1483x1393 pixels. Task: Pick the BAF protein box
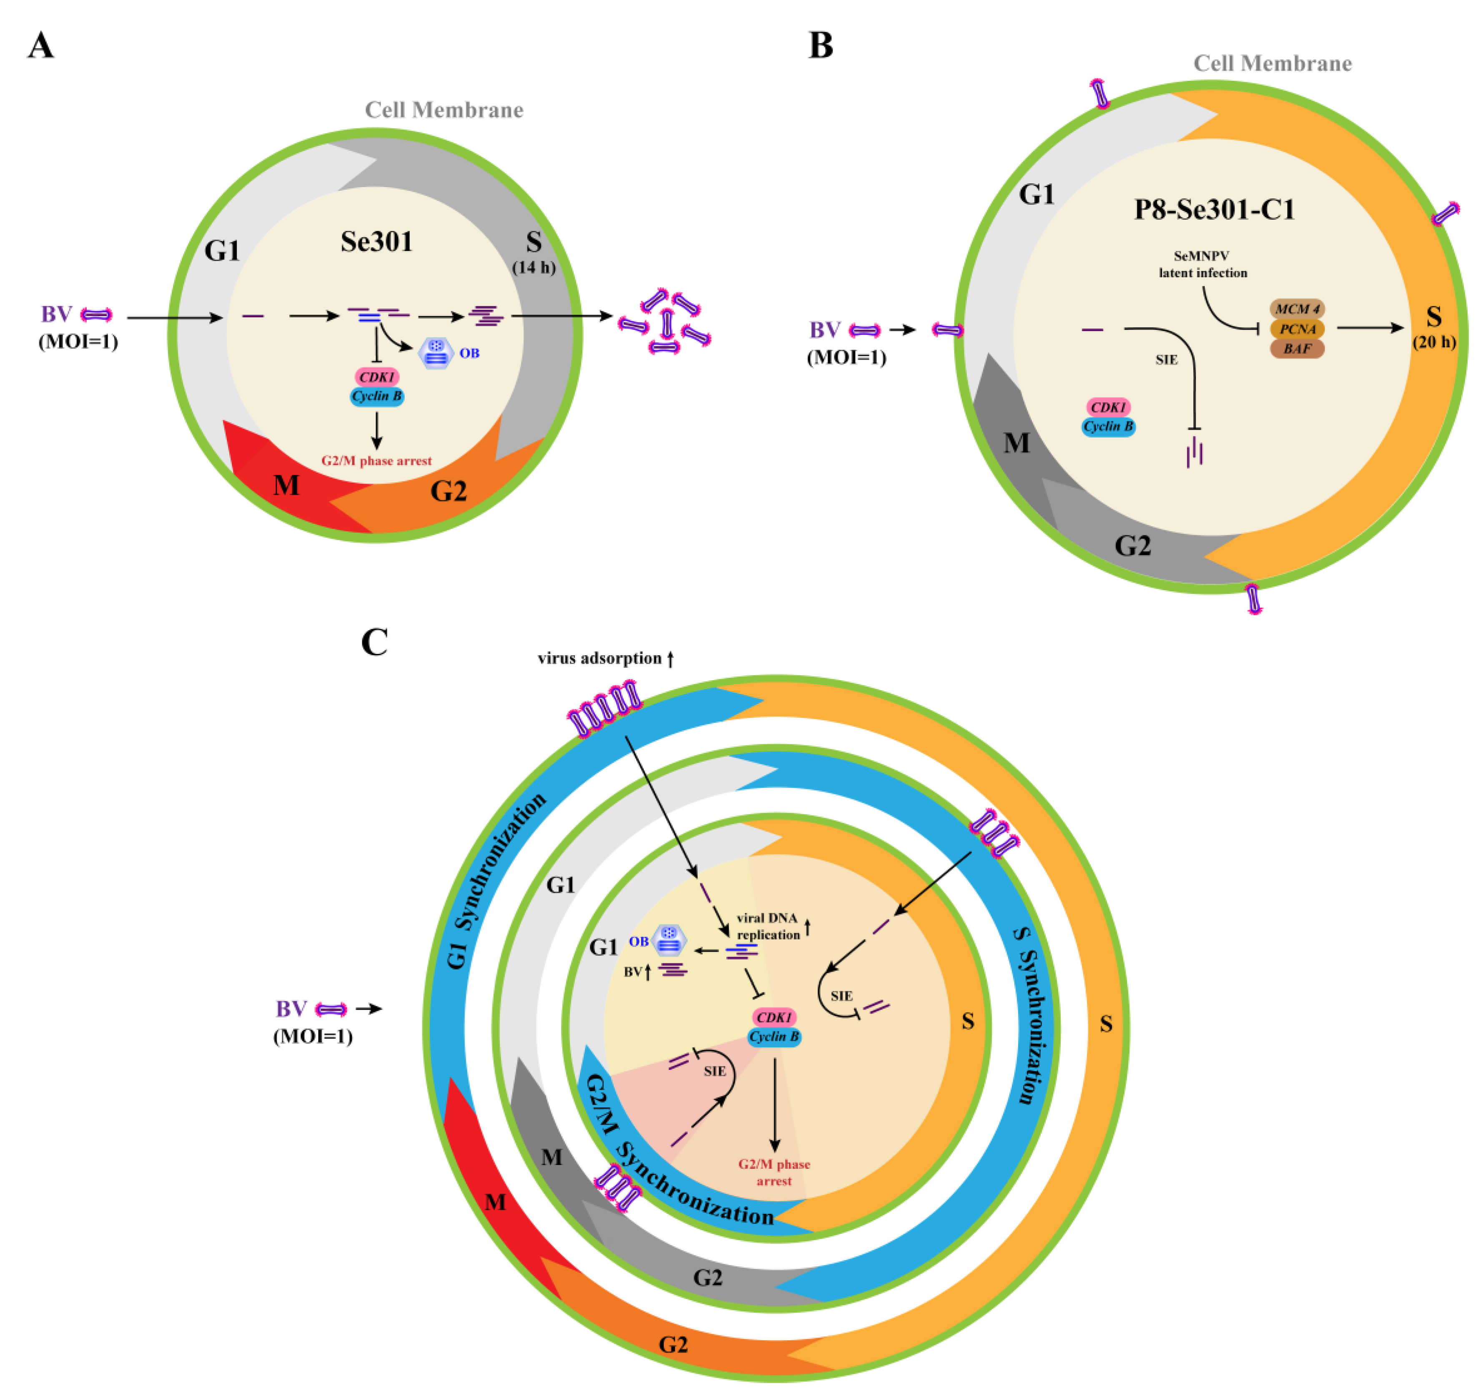pos(1297,348)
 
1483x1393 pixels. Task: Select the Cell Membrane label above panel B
pos(1272,63)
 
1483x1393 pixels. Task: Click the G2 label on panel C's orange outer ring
pos(673,1345)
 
